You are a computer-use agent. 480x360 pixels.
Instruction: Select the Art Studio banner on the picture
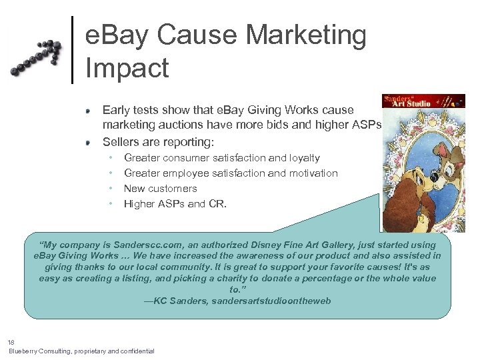[423, 102]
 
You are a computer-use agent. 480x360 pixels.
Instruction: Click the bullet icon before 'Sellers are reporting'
[88, 141]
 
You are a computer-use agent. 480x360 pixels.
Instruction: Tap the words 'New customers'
[160, 188]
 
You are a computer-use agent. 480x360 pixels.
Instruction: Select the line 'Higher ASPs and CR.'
[175, 203]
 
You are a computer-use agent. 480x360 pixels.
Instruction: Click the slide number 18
[12, 341]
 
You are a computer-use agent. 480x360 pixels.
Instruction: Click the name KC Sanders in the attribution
[180, 301]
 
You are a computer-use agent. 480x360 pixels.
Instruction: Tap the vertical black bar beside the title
[72, 50]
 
